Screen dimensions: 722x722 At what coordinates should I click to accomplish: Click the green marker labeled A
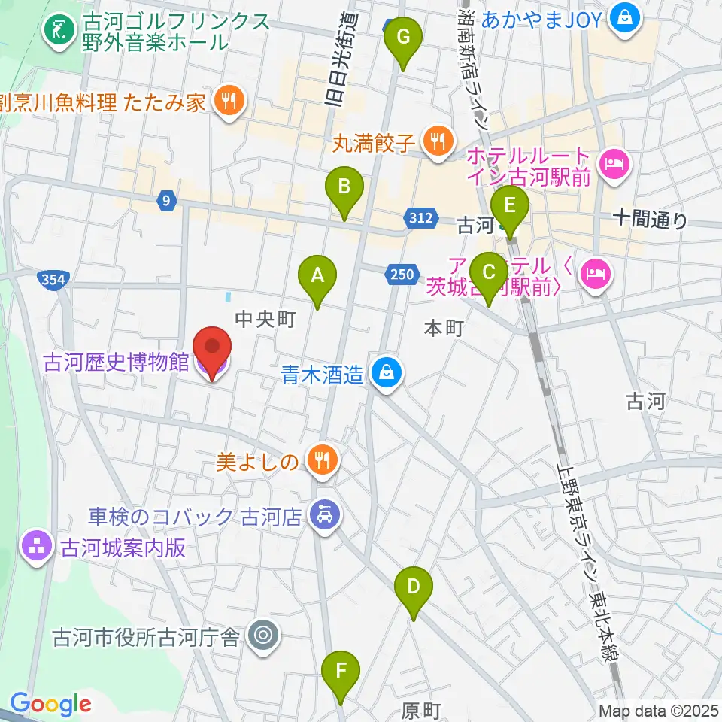[x=317, y=277]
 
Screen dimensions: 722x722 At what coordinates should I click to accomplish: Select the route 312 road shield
[x=422, y=218]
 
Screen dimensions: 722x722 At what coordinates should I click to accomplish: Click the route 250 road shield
[x=402, y=275]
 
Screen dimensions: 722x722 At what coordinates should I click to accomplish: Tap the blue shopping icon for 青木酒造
[x=386, y=372]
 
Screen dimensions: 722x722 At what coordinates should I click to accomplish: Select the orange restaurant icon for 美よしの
[x=323, y=460]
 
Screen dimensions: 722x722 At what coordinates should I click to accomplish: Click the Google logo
[x=50, y=704]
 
